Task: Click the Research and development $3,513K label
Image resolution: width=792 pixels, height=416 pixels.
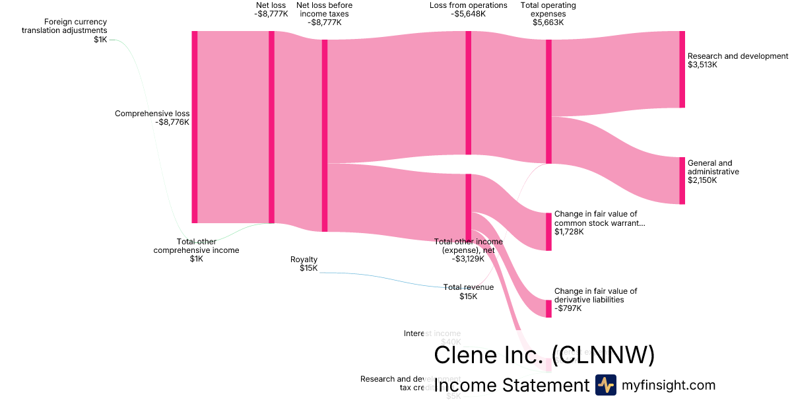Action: click(737, 60)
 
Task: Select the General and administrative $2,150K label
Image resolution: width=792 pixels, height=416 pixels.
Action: click(713, 172)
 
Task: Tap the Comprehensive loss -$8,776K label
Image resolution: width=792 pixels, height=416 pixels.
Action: click(152, 118)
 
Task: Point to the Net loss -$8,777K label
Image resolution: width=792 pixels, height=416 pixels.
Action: click(271, 9)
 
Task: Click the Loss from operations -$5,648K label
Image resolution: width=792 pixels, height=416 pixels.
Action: click(468, 9)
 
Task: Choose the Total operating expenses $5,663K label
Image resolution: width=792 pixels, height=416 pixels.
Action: click(548, 14)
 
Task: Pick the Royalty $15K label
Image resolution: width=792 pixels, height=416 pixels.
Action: click(304, 263)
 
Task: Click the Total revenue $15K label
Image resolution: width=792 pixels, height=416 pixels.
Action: click(468, 292)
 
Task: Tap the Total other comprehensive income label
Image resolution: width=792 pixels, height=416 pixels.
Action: click(196, 250)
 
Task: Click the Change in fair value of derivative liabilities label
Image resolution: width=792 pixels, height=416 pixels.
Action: click(595, 299)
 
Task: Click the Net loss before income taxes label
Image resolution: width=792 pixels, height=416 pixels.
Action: click(324, 14)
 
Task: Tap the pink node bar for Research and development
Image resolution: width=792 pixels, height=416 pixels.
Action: click(682, 69)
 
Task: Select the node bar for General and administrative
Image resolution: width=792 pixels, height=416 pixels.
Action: click(682, 180)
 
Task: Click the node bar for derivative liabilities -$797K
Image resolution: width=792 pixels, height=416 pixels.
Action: click(548, 308)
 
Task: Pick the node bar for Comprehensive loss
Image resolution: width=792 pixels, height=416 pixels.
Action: click(194, 127)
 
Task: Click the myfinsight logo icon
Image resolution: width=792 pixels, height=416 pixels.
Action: click(605, 385)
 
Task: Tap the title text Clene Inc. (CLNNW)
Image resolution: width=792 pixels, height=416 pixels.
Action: click(544, 355)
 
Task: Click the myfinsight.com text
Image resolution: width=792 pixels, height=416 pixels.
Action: click(669, 385)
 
